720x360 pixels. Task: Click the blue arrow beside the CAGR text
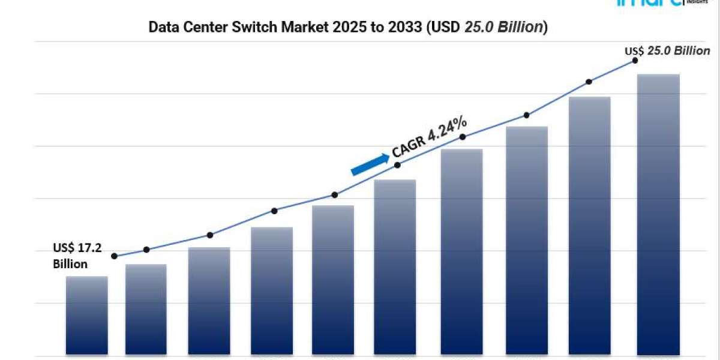pyautogui.click(x=369, y=164)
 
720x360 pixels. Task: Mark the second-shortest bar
pyautogui.click(x=146, y=309)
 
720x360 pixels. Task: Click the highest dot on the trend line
pyautogui.click(x=634, y=60)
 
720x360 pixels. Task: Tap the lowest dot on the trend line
pyautogui.click(x=115, y=256)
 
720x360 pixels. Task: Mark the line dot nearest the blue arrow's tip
pyautogui.click(x=397, y=165)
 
